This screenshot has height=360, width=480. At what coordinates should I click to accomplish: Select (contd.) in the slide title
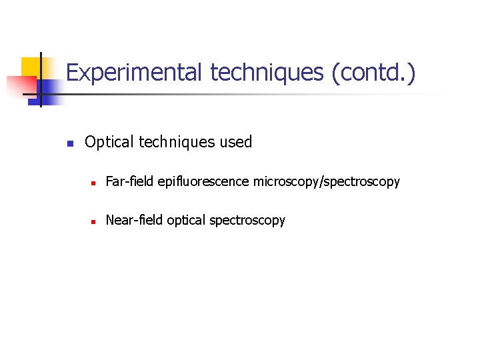click(373, 72)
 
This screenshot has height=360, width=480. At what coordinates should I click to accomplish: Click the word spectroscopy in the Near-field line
click(247, 220)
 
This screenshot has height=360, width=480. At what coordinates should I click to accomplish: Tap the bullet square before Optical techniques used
click(69, 143)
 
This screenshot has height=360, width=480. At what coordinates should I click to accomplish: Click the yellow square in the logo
click(32, 67)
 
